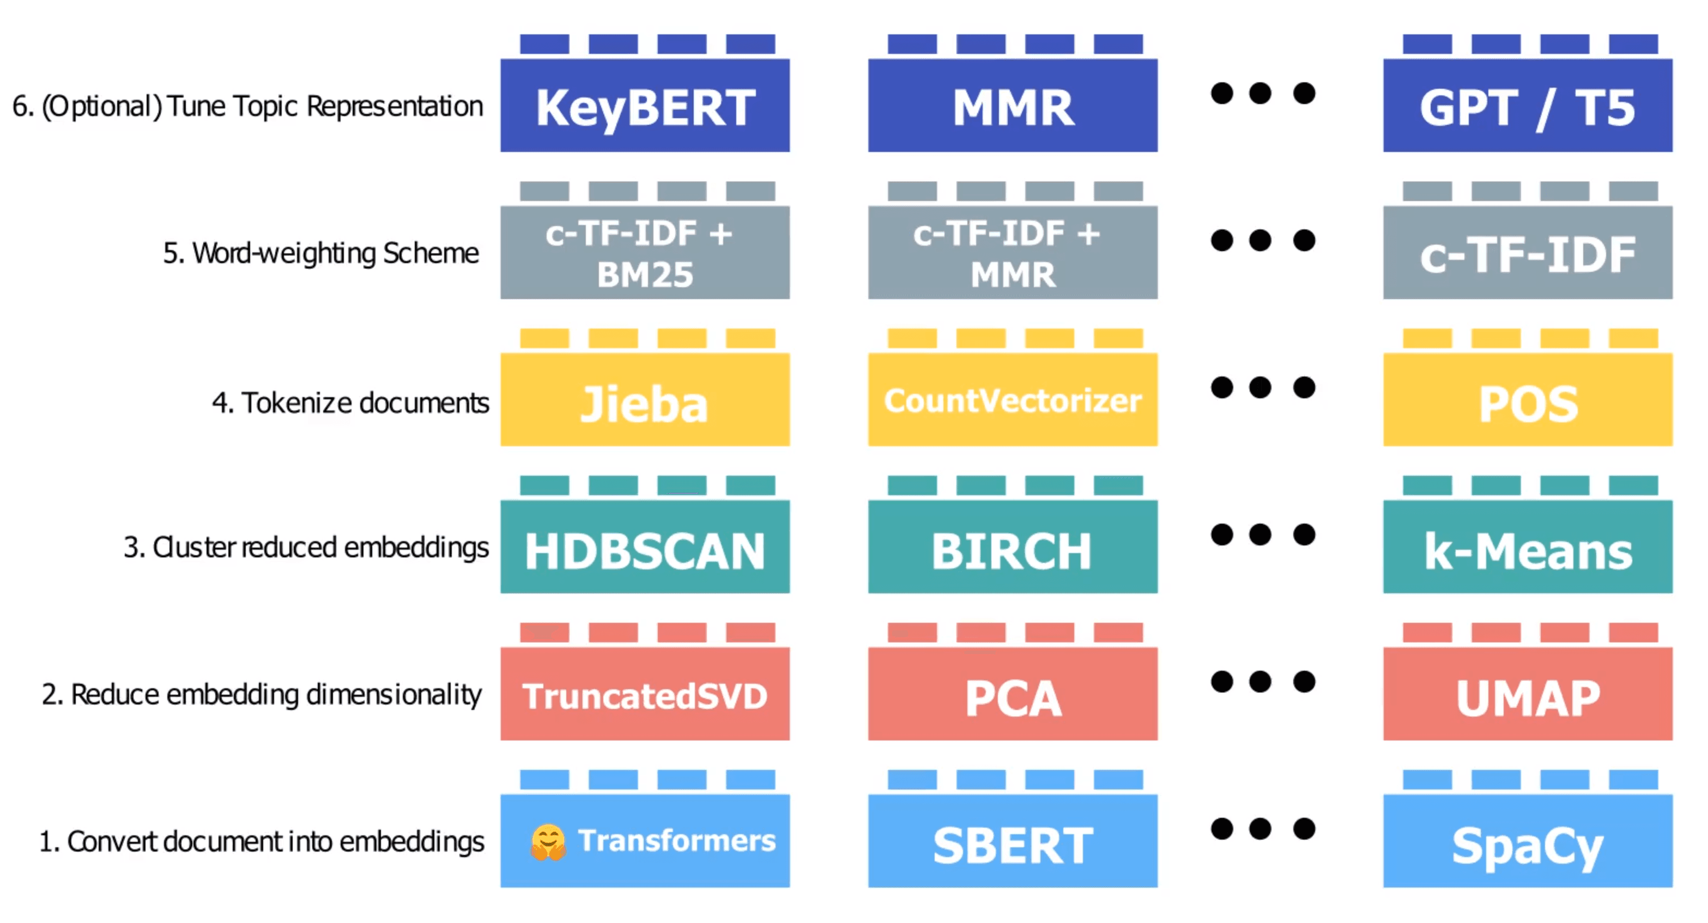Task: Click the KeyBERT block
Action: click(645, 106)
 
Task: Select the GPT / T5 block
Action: click(1527, 106)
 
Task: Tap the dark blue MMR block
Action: click(1013, 106)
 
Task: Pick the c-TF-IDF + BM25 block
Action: click(645, 253)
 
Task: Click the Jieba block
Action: click(645, 400)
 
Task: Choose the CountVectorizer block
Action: click(1013, 400)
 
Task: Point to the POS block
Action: click(1527, 400)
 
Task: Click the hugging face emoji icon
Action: click(548, 842)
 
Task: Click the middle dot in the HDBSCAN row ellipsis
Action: click(1260, 535)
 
